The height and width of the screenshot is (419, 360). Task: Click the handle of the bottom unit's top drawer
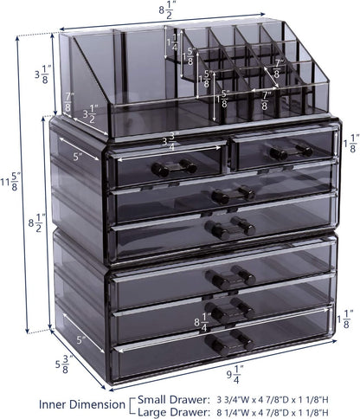pos(222,277)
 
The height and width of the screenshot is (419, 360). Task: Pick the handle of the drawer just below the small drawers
pos(232,196)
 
